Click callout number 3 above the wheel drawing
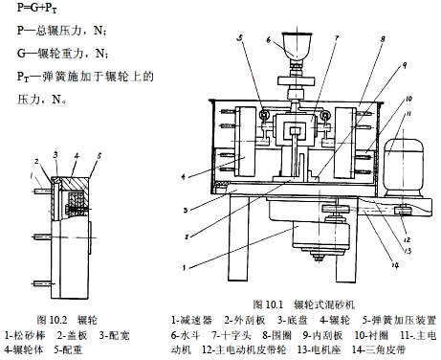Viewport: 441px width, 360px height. pos(57,152)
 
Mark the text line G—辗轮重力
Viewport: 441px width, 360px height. pos(44,50)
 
